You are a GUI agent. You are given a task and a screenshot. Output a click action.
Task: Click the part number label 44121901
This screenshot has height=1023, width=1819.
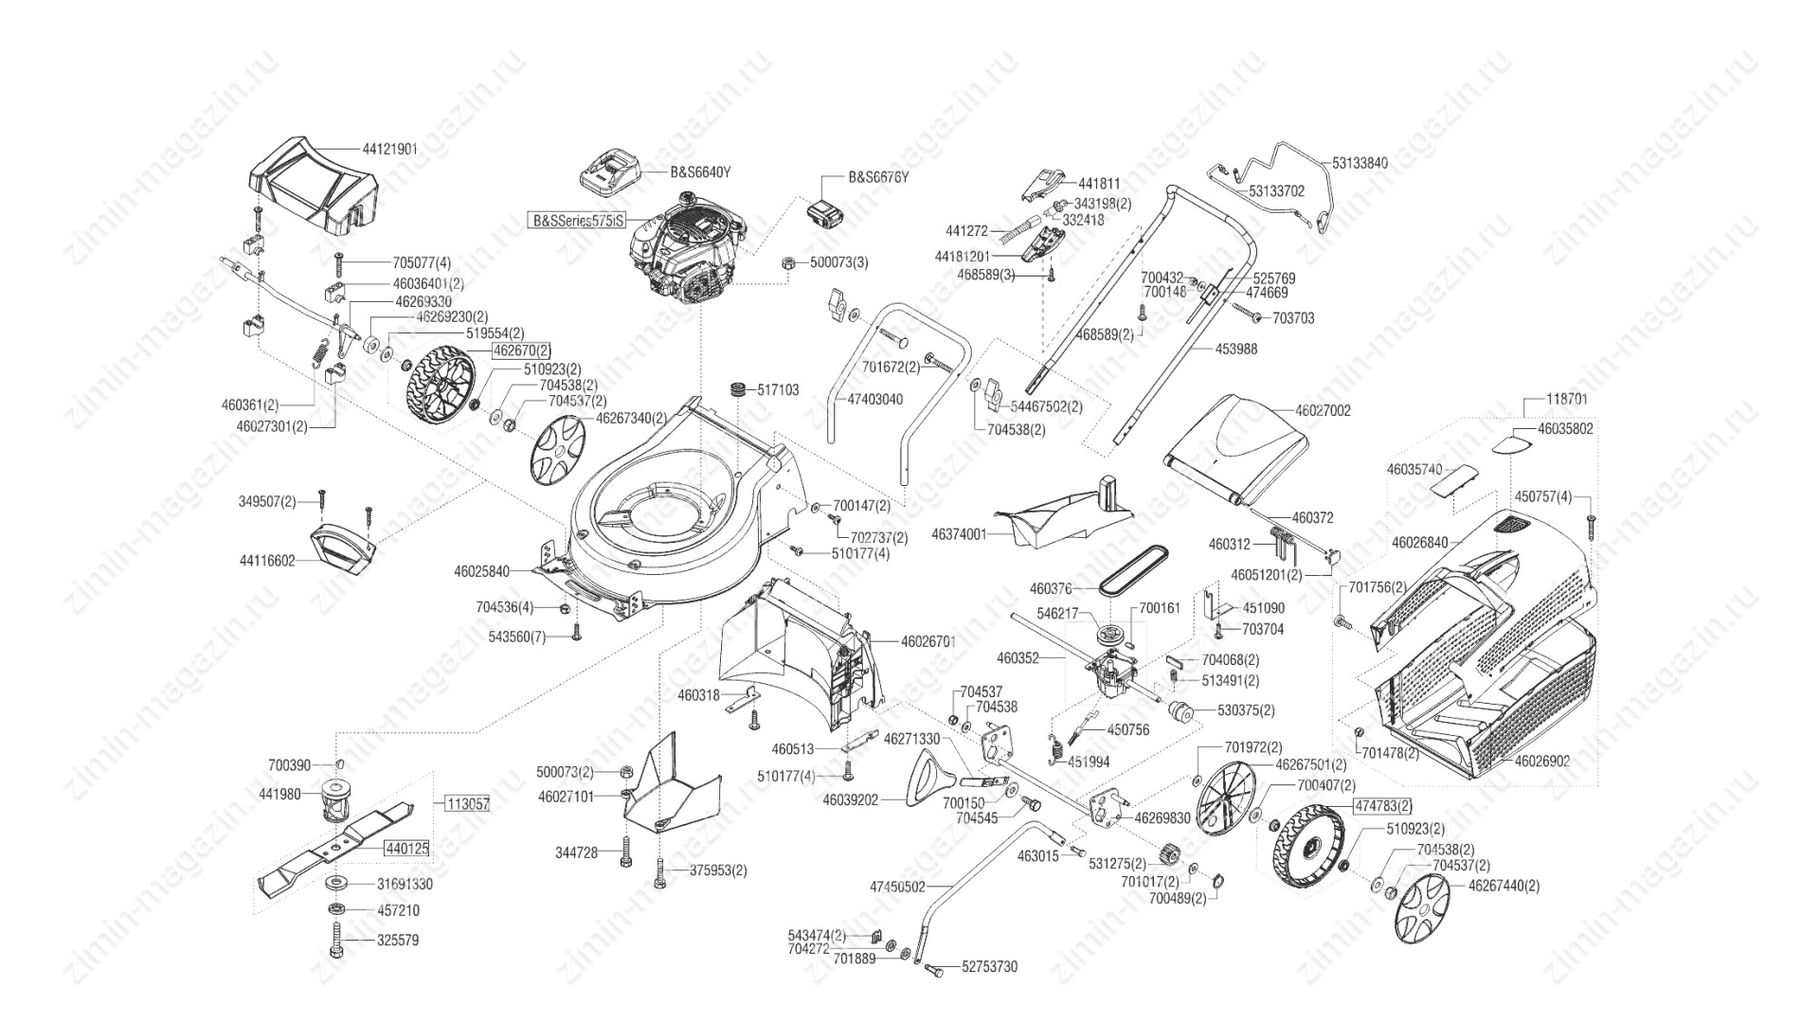[x=389, y=150]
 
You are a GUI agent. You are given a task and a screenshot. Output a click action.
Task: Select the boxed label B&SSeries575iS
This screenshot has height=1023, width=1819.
[x=576, y=221]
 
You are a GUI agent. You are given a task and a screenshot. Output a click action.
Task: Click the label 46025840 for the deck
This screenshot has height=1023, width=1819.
[x=481, y=571]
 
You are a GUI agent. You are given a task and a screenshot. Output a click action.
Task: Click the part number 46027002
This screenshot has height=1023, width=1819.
[x=1323, y=411]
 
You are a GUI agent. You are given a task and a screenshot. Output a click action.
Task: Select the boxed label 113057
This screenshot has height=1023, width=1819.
[x=468, y=804]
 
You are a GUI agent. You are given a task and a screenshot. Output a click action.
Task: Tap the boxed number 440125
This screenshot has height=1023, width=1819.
[x=406, y=850]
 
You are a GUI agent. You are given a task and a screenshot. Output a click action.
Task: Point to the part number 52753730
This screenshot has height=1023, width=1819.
[x=989, y=967]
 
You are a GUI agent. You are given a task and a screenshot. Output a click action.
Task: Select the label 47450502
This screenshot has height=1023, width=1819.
[x=897, y=887]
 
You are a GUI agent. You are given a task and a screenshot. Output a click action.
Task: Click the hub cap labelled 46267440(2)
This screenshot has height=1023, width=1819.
[x=1423, y=908]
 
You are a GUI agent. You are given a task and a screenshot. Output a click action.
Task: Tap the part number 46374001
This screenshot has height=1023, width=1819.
[x=959, y=534]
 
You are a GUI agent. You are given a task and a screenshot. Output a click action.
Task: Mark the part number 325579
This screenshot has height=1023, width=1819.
[x=398, y=941]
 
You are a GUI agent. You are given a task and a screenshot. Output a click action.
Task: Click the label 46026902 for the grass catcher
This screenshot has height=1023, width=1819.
[x=1542, y=760]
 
